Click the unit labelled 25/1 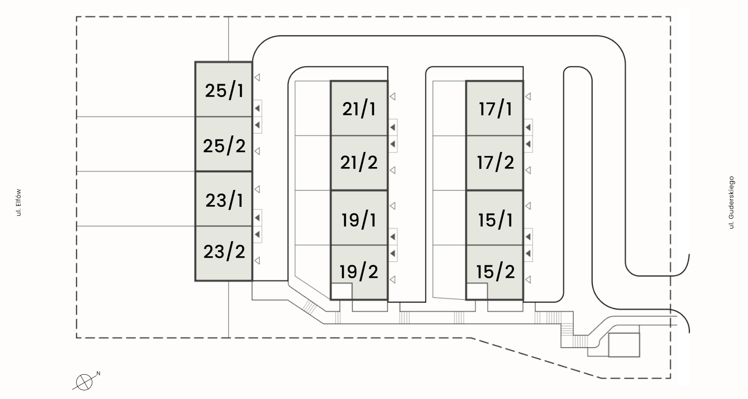(224, 90)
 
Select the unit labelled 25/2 (224, 145)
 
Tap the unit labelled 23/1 (224, 200)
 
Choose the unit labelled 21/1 (359, 109)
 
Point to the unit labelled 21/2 (359, 162)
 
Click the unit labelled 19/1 (359, 220)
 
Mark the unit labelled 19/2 (359, 271)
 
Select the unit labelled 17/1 (495, 109)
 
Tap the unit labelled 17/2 (495, 162)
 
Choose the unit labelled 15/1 (495, 220)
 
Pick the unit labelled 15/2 (495, 271)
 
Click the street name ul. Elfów (19, 202)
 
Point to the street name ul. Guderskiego (731, 202)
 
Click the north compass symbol (83, 382)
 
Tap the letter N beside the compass (98, 374)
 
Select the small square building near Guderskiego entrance (624, 345)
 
